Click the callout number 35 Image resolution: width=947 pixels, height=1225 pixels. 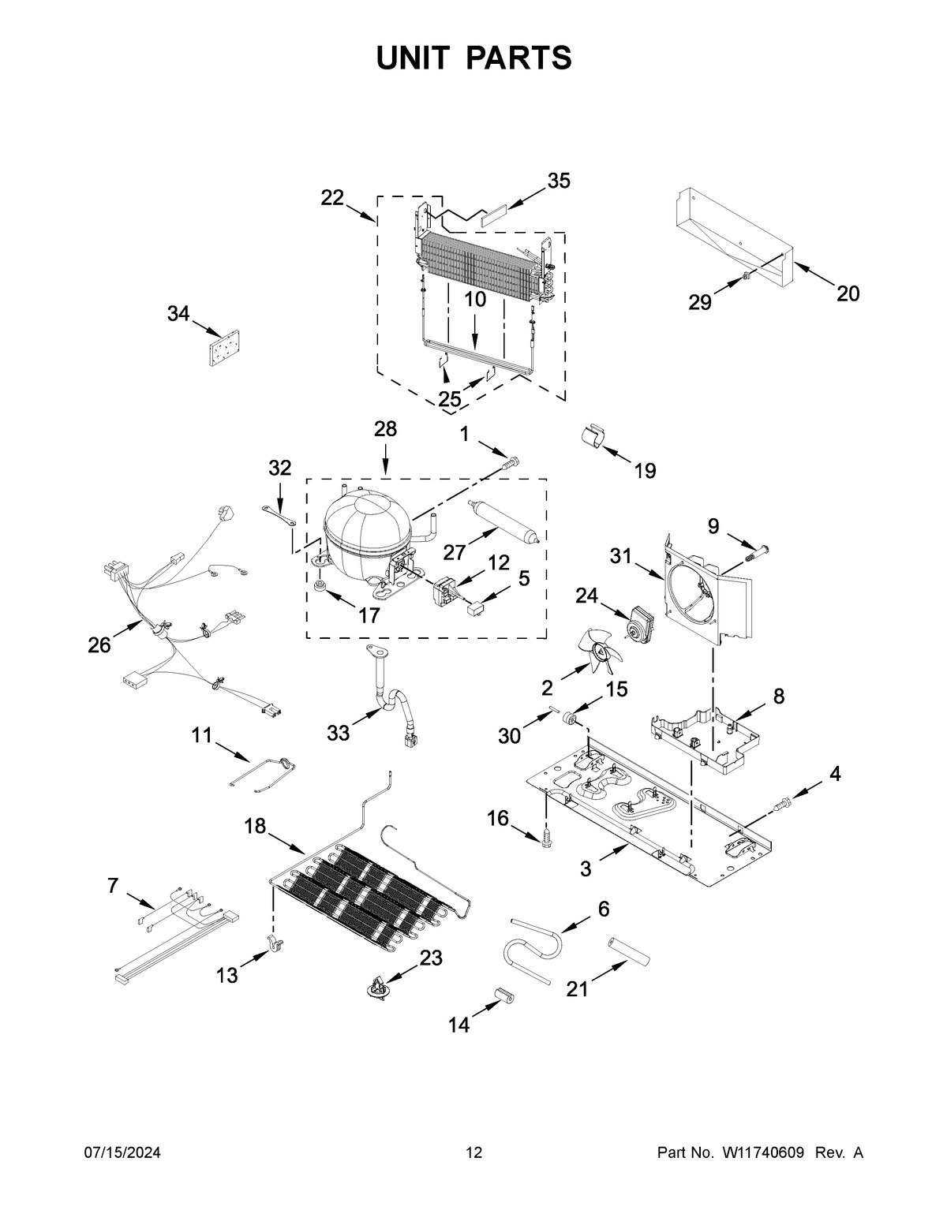coord(559,181)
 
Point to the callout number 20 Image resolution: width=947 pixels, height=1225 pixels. coord(848,293)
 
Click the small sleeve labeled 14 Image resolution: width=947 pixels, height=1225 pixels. coord(503,995)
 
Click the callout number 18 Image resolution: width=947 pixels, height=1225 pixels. coord(255,826)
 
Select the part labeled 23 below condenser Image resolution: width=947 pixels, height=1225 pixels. coord(379,987)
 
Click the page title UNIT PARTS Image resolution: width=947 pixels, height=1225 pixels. coord(473,58)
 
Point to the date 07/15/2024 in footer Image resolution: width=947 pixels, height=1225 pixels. coord(122,1153)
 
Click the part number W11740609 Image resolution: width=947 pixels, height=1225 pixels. coord(762,1153)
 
